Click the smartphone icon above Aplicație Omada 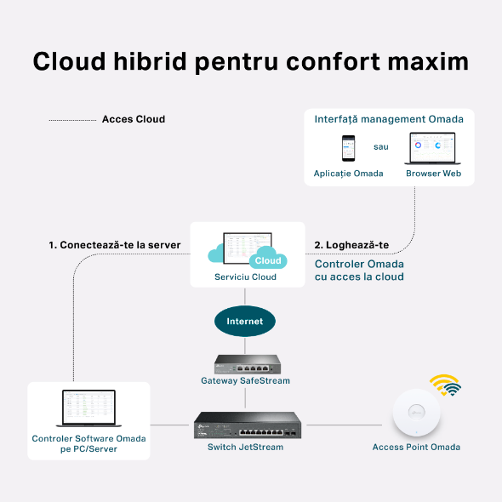[348, 147]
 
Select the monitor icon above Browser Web [432, 147]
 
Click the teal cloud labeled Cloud [267, 260]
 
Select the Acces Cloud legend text [134, 119]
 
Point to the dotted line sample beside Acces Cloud [72, 120]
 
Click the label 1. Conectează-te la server [114, 245]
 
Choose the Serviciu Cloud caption [245, 277]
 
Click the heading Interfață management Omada [389, 119]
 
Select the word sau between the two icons [381, 146]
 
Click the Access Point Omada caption [416, 448]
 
